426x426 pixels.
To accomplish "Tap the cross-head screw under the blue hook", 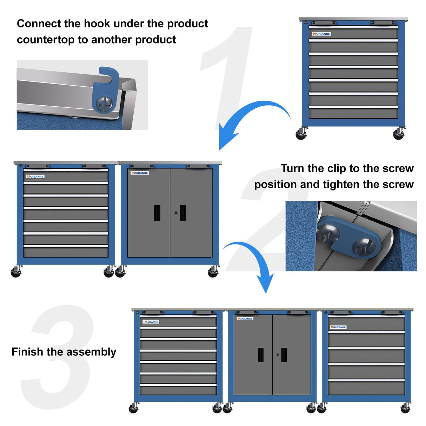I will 105,104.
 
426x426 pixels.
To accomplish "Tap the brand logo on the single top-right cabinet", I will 321,34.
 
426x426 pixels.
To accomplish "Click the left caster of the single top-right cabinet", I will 301,134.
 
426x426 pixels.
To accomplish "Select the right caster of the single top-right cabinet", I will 399,134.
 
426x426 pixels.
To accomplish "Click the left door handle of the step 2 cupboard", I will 157,213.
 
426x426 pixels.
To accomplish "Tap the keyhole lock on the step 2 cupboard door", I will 176,213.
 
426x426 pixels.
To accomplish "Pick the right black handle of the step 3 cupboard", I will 284,355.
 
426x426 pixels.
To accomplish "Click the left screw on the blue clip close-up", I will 328,233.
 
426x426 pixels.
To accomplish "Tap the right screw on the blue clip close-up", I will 364,247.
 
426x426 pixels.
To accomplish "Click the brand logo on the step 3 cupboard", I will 245,319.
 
